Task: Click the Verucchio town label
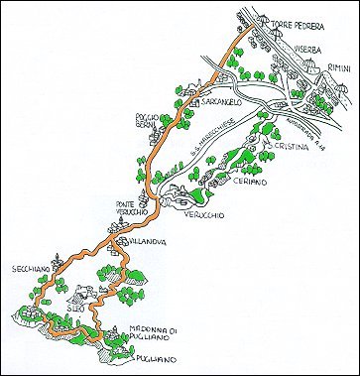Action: pyautogui.click(x=205, y=214)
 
